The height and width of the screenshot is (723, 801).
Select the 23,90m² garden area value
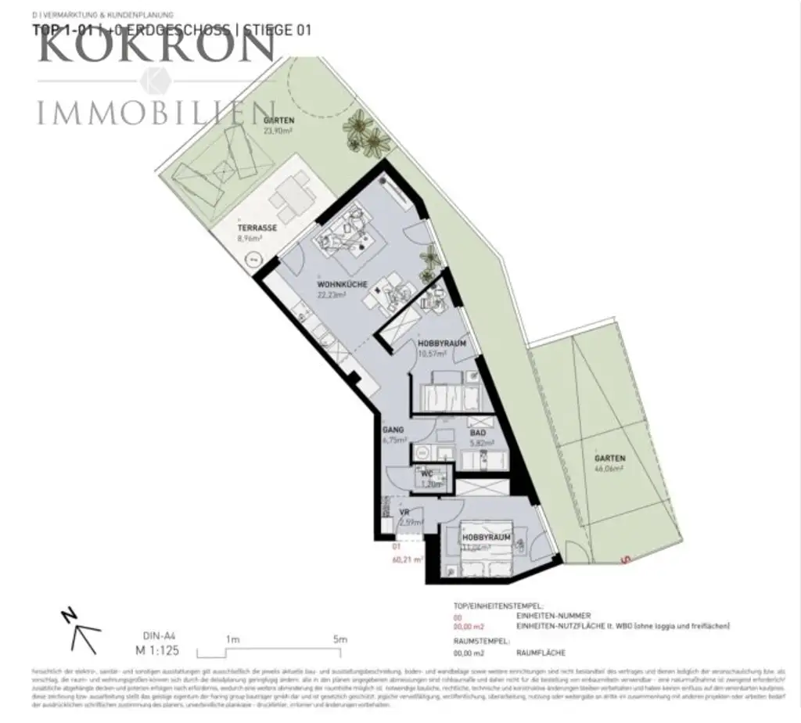click(x=278, y=131)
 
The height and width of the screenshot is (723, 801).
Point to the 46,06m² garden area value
click(x=608, y=469)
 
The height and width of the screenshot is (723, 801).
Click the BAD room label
click(x=478, y=432)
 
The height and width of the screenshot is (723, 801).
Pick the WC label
click(x=427, y=473)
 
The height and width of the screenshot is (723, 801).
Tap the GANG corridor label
click(x=393, y=430)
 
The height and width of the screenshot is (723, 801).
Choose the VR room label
click(x=405, y=513)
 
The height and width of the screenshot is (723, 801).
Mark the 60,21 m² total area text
click(x=407, y=559)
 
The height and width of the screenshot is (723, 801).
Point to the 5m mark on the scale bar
click(x=339, y=639)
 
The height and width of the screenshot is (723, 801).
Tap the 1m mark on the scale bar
click(x=232, y=639)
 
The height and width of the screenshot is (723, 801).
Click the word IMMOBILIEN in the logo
click(x=156, y=113)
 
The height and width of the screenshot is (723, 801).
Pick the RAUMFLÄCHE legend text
click(x=541, y=653)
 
